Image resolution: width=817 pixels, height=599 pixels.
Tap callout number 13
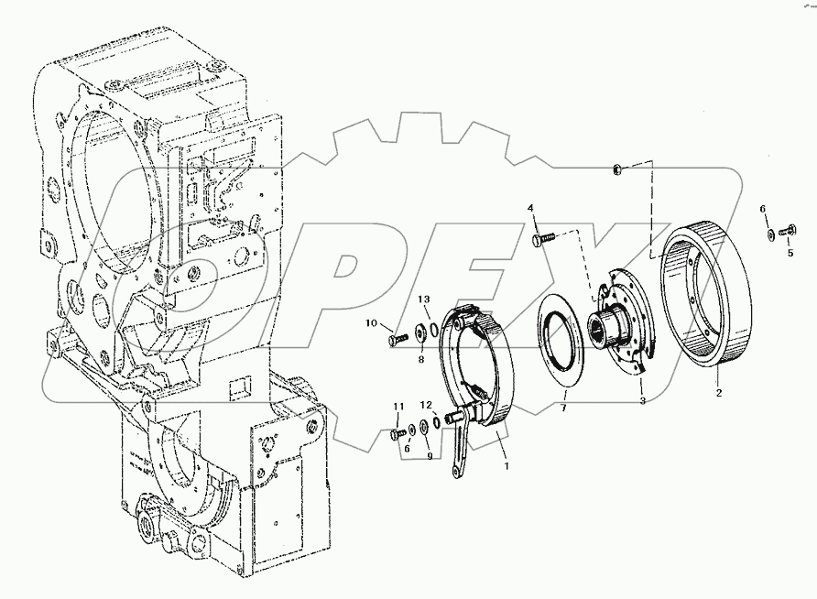click(424, 299)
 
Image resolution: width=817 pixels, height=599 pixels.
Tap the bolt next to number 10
click(398, 340)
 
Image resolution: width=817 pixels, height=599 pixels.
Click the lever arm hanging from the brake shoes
click(459, 449)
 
